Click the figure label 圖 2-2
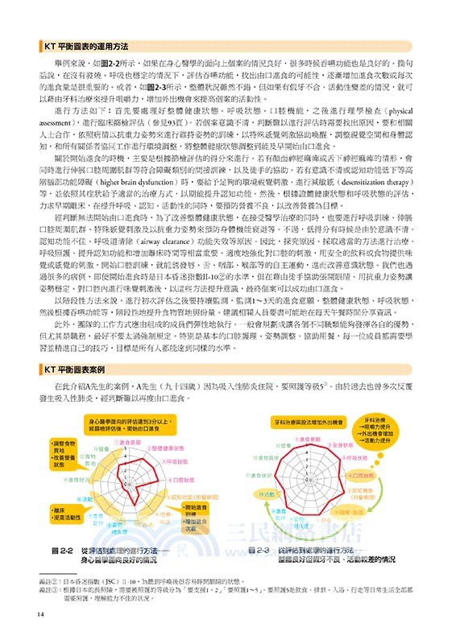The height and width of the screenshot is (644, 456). pos(64,550)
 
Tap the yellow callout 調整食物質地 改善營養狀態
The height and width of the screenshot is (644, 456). pos(68,452)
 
